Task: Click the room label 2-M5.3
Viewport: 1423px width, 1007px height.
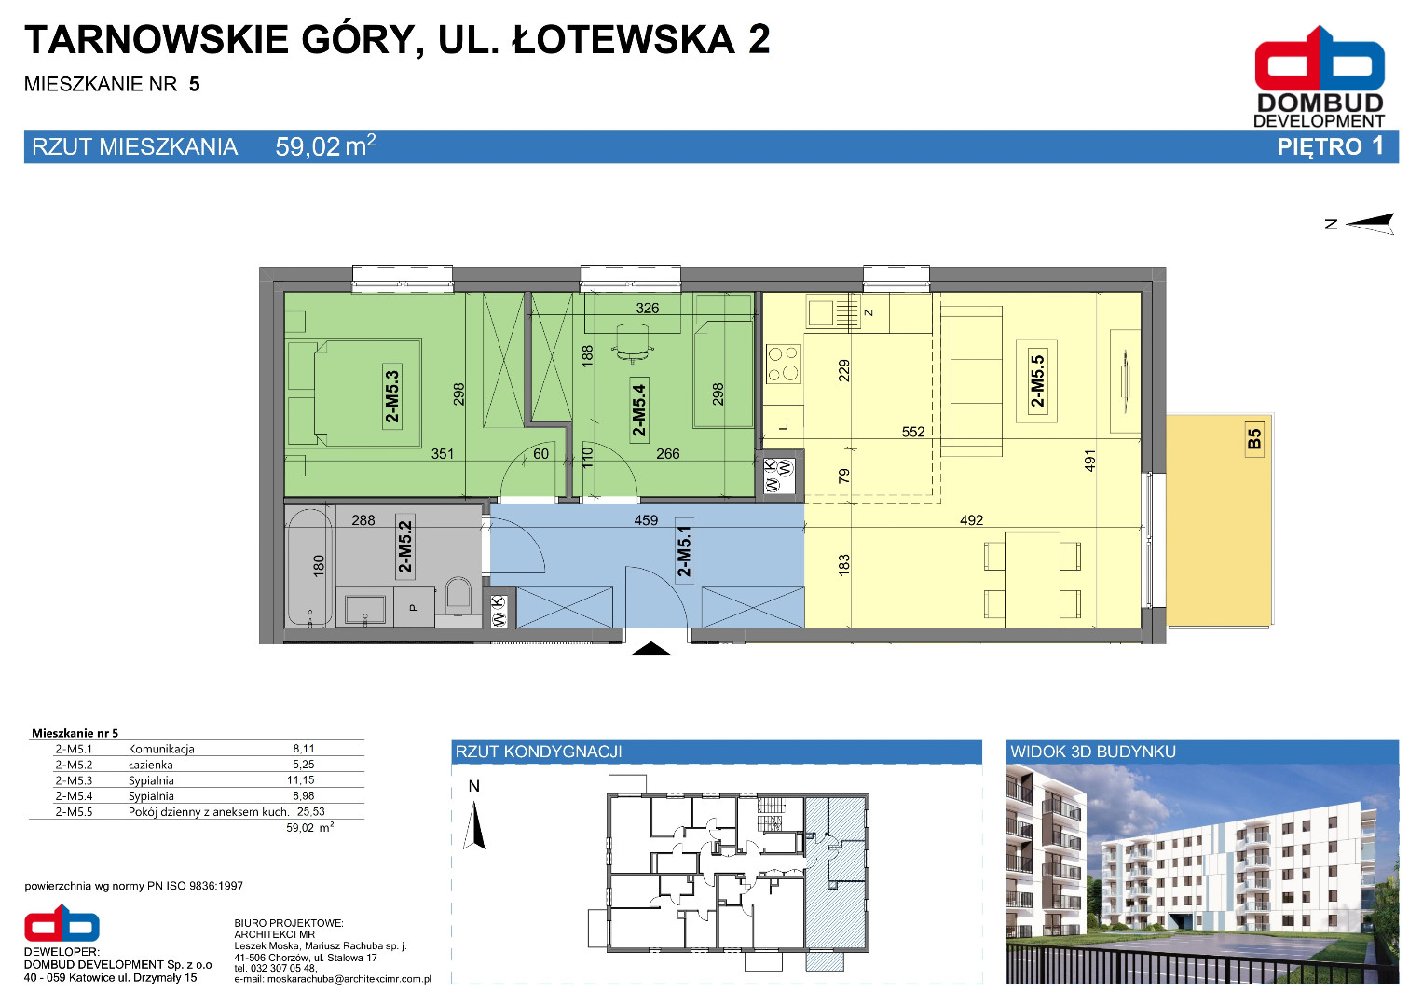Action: click(392, 396)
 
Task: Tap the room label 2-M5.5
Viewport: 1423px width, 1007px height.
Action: click(1037, 380)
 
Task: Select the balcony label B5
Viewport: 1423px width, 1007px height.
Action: click(1254, 438)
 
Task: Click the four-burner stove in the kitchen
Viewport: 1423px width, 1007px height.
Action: click(784, 363)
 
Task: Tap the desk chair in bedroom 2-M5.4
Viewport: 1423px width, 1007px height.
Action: click(633, 343)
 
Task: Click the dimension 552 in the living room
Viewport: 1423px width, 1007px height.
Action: click(913, 432)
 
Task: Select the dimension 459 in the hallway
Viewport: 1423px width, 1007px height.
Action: click(646, 520)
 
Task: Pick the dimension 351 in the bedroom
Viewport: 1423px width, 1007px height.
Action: click(442, 454)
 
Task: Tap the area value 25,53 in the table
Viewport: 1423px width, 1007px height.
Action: click(310, 812)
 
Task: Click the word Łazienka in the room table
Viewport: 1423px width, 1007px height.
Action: click(151, 765)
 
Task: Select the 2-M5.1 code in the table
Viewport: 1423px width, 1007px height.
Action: click(74, 749)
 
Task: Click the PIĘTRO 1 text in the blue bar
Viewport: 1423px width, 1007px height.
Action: click(1330, 147)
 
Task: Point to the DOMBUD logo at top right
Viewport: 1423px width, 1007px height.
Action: click(1320, 76)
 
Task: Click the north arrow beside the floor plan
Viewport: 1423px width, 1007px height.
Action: click(1370, 223)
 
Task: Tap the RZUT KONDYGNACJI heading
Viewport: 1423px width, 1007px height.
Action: click(539, 752)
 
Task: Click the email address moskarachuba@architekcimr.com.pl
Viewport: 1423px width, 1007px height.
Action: click(349, 979)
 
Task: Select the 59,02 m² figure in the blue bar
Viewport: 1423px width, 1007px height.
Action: click(325, 145)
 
